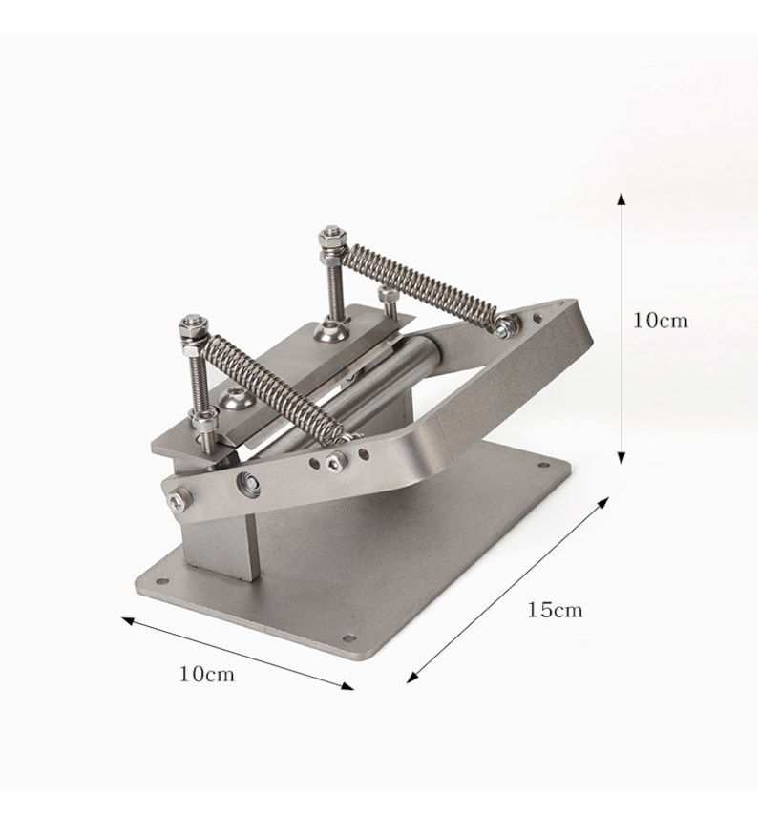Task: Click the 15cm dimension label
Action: tap(555, 609)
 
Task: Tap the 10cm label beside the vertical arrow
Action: tap(660, 320)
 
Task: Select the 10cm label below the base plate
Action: tap(206, 674)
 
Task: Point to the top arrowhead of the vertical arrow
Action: tap(621, 199)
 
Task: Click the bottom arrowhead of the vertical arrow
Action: tap(621, 457)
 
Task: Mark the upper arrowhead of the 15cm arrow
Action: tap(603, 502)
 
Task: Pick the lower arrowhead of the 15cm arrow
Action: tap(412, 677)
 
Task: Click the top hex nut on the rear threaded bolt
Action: tap(333, 237)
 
